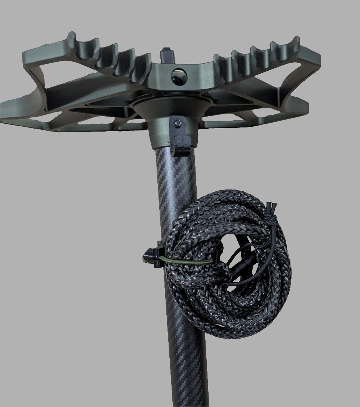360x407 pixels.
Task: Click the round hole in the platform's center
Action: [x=178, y=76]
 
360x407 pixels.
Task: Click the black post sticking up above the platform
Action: [x=166, y=55]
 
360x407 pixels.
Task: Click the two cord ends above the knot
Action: [x=273, y=206]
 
